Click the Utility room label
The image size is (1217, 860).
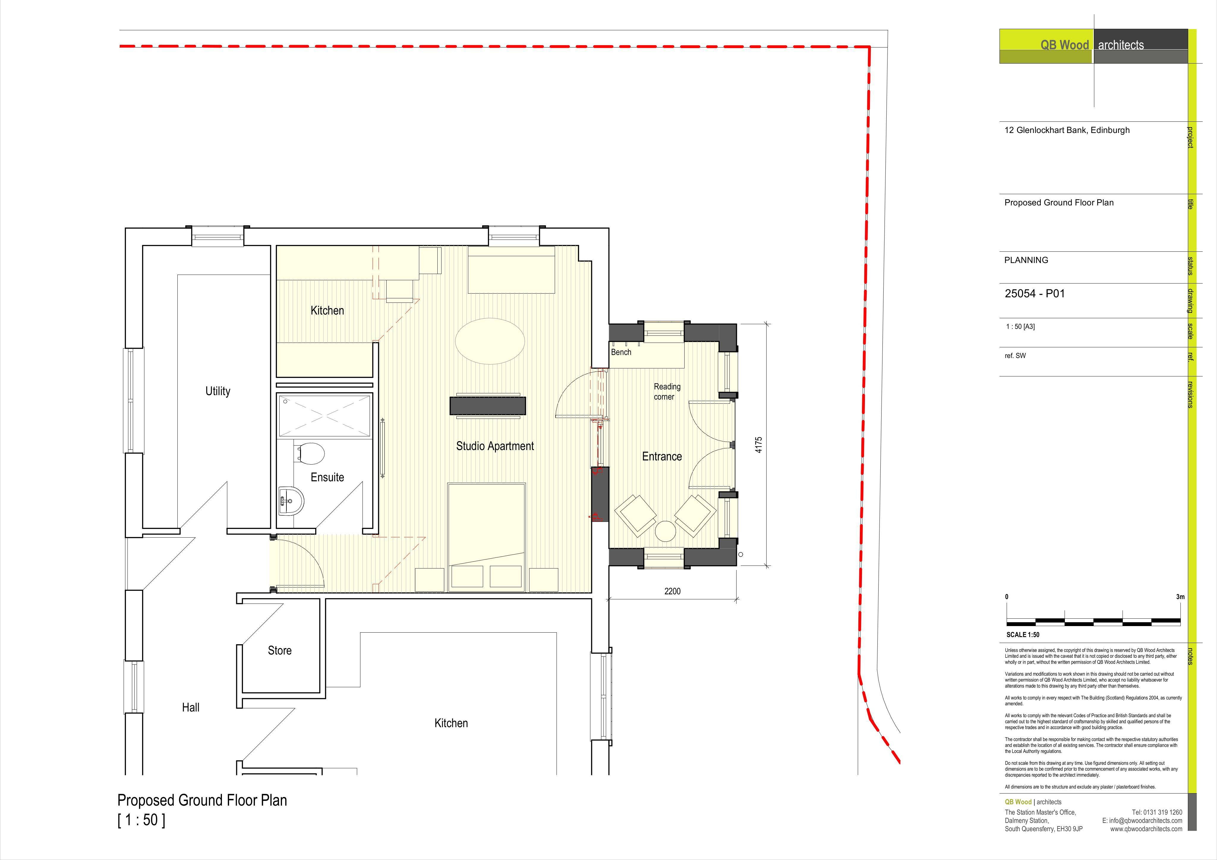pos(218,391)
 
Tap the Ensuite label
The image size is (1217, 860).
pos(327,477)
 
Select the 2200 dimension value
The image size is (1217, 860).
pos(672,591)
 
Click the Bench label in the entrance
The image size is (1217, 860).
pos(621,352)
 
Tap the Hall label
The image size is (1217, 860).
pos(191,707)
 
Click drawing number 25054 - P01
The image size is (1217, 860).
pos(1035,294)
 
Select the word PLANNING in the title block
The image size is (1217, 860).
pos(1026,260)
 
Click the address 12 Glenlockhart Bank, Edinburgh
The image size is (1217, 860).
pos(1067,130)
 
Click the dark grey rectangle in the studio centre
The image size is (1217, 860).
pos(488,406)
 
